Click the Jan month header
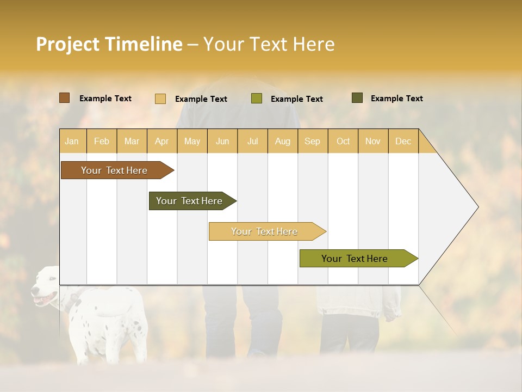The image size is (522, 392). pos(72,141)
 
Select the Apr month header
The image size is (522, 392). pos(162,141)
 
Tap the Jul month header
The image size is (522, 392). pos(252,141)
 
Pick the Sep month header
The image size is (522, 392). pos(312,141)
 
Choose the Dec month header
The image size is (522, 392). pos(403,141)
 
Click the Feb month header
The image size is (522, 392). pos(102,141)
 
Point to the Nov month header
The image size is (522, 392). pos(372,141)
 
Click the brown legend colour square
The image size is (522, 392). pos(65,98)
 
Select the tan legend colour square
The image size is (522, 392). pos(160,99)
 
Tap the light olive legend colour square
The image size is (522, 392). pos(257,99)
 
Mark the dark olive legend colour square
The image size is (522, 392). pos(357,98)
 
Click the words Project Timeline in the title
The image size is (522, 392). pos(109,44)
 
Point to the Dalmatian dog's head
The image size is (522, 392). pos(46,286)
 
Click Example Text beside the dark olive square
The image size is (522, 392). pos(396,99)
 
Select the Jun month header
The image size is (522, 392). pos(222,141)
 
